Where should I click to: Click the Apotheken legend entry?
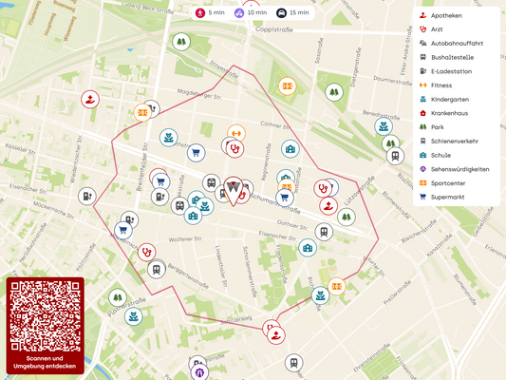446,15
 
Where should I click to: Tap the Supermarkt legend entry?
448,197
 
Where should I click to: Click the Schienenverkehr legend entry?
454,141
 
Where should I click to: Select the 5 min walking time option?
210,12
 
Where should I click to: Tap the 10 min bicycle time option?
250,12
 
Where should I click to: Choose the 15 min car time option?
292,12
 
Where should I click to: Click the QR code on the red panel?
45,316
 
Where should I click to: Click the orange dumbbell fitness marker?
235,133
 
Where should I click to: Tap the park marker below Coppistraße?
180,42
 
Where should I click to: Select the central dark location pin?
234,191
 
